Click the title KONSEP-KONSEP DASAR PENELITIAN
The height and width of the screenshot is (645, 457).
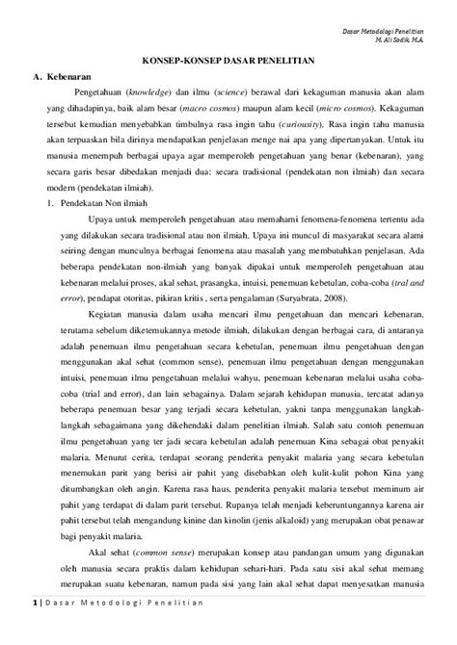coord(228,87)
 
